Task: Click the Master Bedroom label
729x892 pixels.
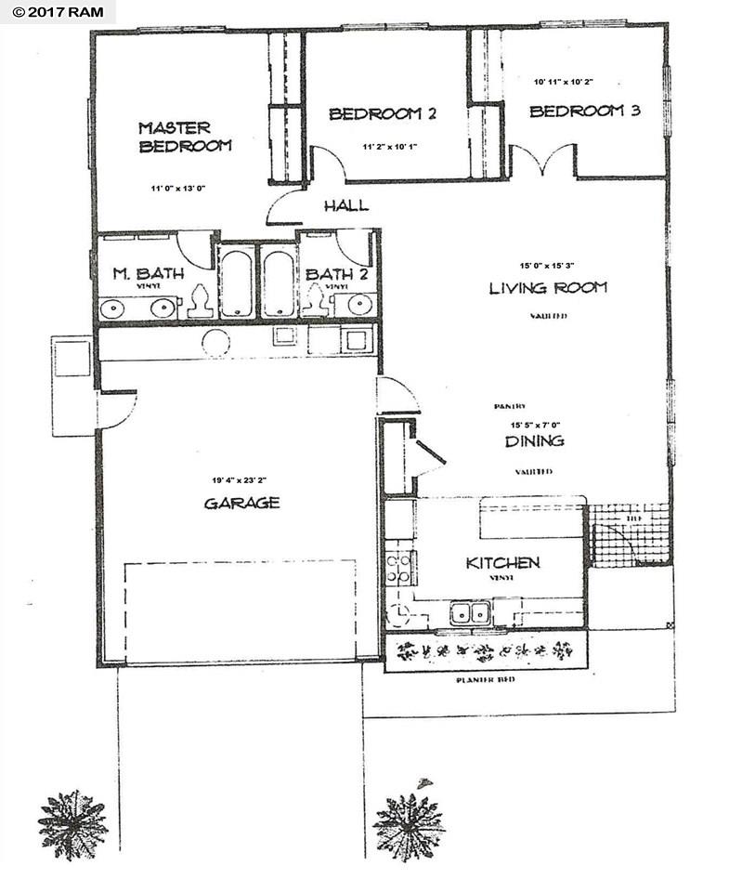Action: pyautogui.click(x=185, y=137)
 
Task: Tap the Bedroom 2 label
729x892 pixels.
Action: pyautogui.click(x=383, y=114)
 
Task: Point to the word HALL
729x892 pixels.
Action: pyautogui.click(x=345, y=205)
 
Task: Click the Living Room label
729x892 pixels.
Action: pyautogui.click(x=548, y=288)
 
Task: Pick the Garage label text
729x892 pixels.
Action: pyautogui.click(x=241, y=503)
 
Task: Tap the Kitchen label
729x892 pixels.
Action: pyautogui.click(x=502, y=563)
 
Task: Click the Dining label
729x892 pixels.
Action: pyautogui.click(x=535, y=441)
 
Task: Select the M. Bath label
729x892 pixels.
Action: pyautogui.click(x=149, y=274)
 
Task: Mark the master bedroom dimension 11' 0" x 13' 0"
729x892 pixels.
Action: pyautogui.click(x=176, y=189)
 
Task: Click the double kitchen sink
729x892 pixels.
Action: pyautogui.click(x=471, y=612)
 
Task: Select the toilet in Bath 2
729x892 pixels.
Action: pyautogui.click(x=317, y=300)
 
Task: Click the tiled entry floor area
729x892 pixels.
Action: pyautogui.click(x=630, y=534)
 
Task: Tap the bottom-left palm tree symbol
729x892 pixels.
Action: pyautogui.click(x=72, y=823)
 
